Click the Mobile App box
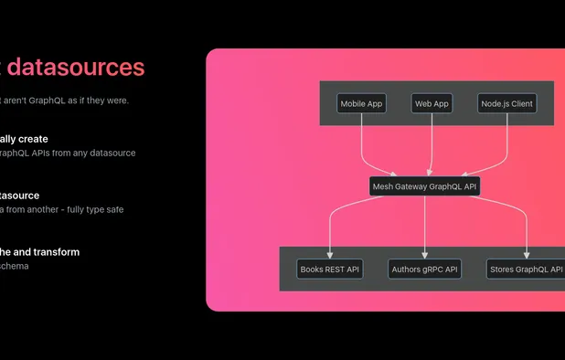click(x=361, y=104)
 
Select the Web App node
click(x=432, y=104)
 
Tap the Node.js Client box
click(x=506, y=104)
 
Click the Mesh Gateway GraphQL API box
click(x=424, y=186)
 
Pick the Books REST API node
click(x=330, y=270)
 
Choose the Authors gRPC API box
click(x=424, y=270)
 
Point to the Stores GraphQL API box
click(x=525, y=270)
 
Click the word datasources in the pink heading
click(x=76, y=67)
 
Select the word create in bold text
click(x=32, y=139)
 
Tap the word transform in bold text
click(x=54, y=252)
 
